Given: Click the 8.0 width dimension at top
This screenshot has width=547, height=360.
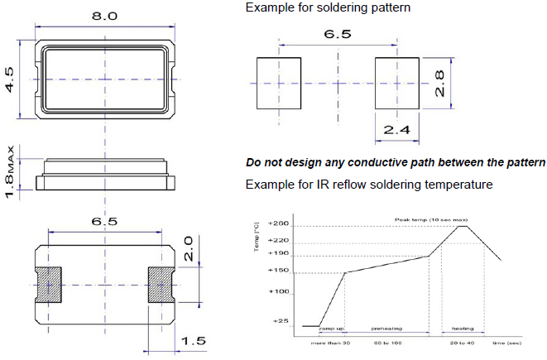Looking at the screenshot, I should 104,15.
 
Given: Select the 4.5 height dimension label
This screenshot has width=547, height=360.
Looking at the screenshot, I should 11,79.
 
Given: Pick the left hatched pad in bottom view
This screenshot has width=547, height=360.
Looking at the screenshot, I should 50,283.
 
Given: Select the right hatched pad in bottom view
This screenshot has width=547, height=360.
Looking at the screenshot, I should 159,283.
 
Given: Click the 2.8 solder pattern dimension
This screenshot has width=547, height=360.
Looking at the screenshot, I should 440,83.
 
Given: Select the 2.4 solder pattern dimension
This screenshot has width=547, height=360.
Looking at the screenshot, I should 397,130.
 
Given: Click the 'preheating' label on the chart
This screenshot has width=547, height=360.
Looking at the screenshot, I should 386,329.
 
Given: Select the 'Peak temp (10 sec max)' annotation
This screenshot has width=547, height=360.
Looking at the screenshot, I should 426,218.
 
